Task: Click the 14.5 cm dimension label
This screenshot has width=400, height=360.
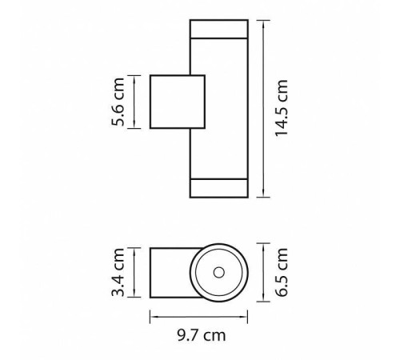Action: click(282, 108)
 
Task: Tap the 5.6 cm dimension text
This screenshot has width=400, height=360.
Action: click(118, 102)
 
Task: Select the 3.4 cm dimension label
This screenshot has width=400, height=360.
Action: click(118, 272)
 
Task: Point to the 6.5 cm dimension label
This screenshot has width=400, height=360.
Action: click(282, 272)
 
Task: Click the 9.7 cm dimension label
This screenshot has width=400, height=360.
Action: click(202, 335)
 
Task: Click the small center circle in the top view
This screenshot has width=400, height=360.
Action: click(219, 273)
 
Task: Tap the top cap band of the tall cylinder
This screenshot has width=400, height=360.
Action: click(219, 29)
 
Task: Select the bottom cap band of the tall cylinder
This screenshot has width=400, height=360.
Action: click(219, 188)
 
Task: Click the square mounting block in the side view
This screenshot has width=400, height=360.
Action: click(178, 102)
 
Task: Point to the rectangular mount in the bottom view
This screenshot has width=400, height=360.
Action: click(170, 273)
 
